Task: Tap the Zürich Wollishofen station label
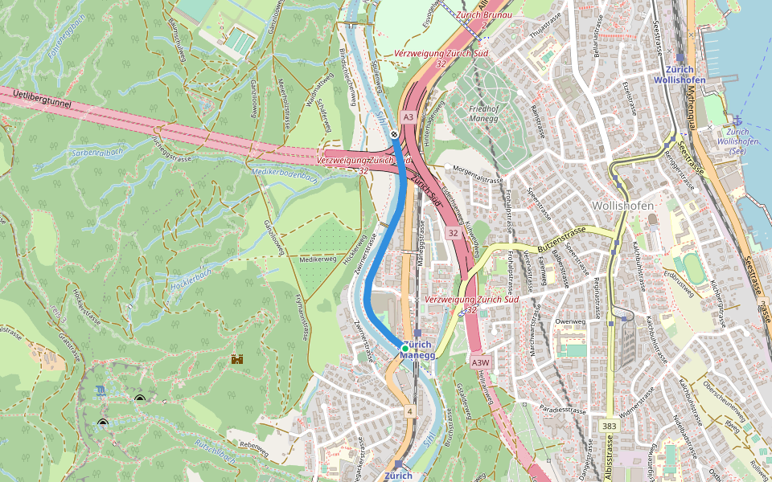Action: tap(680, 75)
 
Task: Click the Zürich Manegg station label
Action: tap(417, 349)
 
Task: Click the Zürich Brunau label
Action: tap(485, 14)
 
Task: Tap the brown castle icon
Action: tap(237, 359)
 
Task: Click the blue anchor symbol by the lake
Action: tap(736, 120)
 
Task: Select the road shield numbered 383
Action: tap(609, 424)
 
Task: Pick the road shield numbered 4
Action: tap(409, 412)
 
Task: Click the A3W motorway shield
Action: tap(481, 361)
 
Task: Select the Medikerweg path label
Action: tap(317, 259)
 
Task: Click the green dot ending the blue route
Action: tap(405, 348)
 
